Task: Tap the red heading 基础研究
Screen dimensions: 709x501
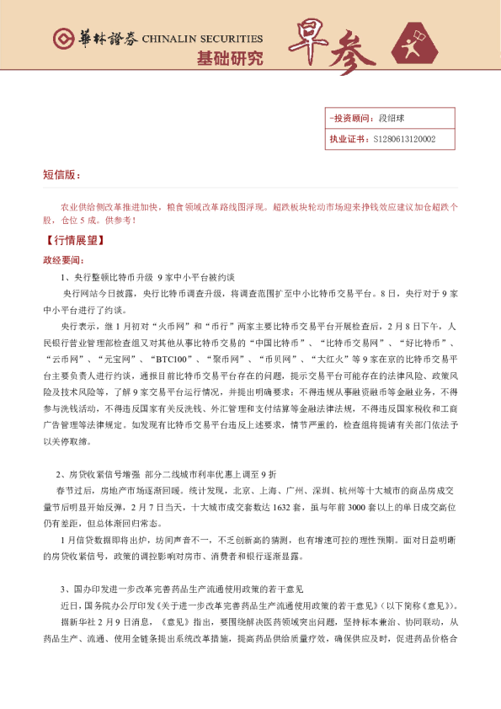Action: [x=229, y=58]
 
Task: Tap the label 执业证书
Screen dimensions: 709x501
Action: [x=346, y=139]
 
